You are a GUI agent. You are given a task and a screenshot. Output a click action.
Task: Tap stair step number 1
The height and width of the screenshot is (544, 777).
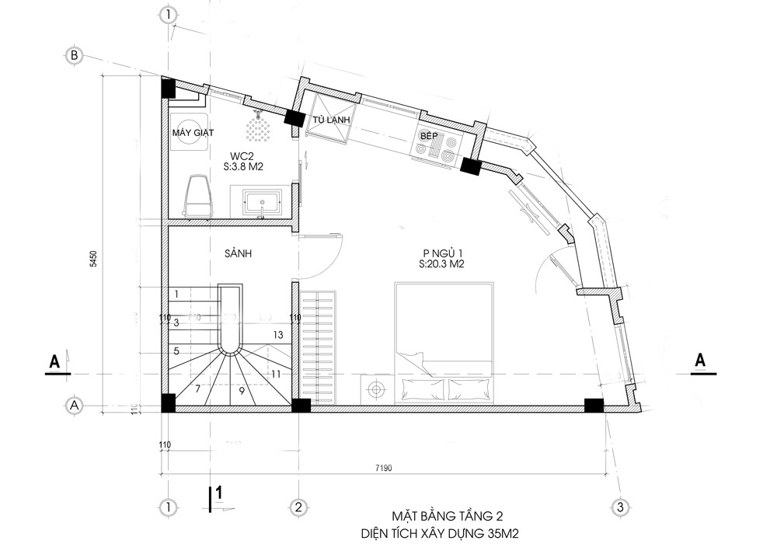[x=177, y=294]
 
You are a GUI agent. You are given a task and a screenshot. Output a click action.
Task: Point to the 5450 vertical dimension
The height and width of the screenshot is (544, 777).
[x=93, y=259]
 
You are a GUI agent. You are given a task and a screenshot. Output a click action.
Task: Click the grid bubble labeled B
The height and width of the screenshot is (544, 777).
[x=75, y=56]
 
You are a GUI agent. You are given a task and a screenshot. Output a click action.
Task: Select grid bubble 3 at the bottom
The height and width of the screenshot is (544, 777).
[x=619, y=507]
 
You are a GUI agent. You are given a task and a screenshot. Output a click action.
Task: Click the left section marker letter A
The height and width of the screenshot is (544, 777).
[x=54, y=361]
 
